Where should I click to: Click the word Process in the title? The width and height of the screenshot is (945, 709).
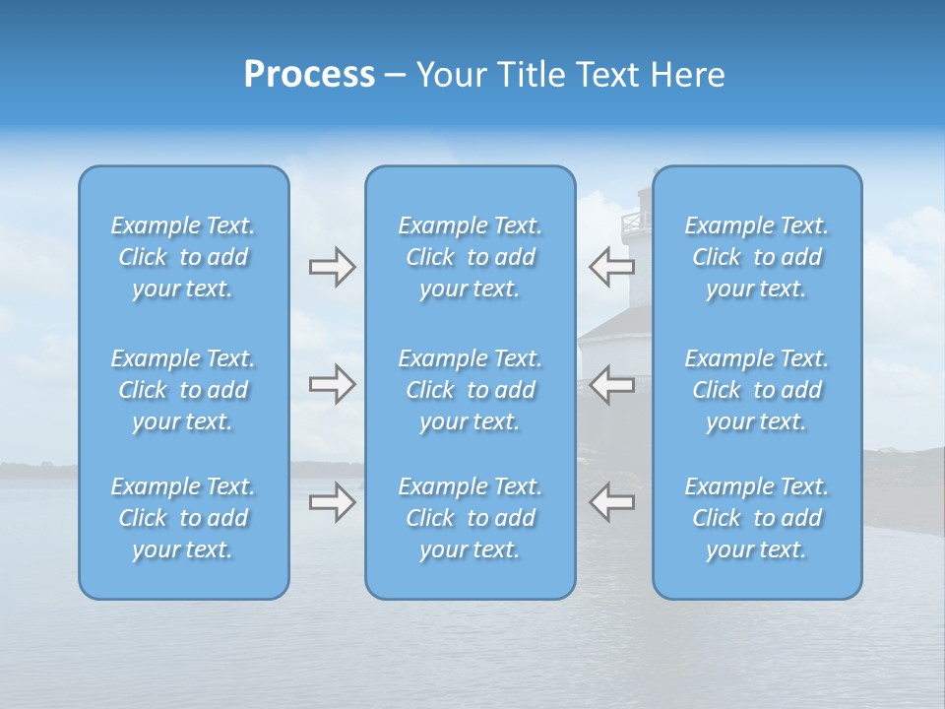[309, 75]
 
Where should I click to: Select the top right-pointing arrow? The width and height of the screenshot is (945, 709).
[332, 267]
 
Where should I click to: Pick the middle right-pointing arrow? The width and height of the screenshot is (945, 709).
[332, 384]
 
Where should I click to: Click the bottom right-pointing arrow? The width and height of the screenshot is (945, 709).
[332, 501]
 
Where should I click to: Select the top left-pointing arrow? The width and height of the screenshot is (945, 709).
[611, 266]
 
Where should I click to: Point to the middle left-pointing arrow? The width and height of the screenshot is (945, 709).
[611, 384]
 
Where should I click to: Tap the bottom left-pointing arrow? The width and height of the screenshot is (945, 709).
[611, 501]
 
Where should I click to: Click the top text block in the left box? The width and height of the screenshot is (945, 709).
[183, 257]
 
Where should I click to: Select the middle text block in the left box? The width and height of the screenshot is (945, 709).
[183, 390]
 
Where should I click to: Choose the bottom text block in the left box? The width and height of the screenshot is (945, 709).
[183, 518]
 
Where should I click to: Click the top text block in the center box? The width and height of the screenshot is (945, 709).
[470, 257]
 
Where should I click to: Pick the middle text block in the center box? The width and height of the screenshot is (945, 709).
[470, 390]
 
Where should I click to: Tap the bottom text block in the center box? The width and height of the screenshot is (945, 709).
[470, 518]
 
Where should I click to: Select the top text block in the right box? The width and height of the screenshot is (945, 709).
[756, 257]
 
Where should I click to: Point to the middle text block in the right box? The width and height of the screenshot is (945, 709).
[756, 390]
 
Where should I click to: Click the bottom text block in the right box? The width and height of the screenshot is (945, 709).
[756, 518]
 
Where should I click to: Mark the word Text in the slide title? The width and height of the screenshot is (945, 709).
[607, 75]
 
